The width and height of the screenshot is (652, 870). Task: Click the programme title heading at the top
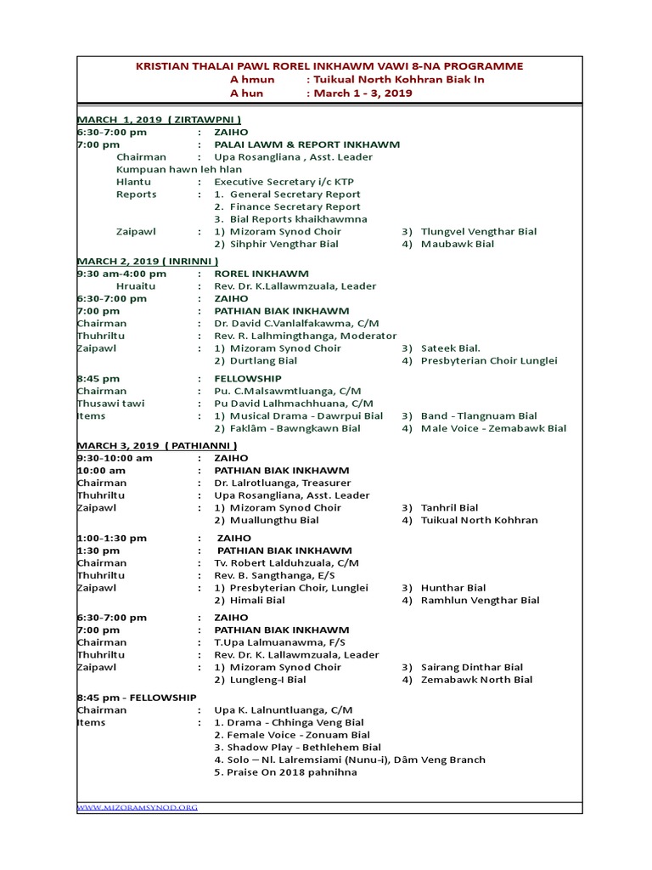point(329,66)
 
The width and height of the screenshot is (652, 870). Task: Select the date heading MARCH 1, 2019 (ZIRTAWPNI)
point(159,120)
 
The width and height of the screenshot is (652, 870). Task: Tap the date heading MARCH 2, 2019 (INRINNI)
point(148,261)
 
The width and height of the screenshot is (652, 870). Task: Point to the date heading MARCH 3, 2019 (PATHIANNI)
point(157,445)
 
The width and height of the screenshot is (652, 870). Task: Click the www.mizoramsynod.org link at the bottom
point(137,807)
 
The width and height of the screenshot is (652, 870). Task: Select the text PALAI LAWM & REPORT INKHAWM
point(306,144)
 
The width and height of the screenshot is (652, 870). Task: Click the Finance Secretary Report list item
point(287,206)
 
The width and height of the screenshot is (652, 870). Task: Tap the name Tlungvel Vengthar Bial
point(479,231)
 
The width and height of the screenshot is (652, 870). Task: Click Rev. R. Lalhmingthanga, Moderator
point(305,336)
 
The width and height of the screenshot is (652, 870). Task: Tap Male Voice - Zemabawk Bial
point(493,428)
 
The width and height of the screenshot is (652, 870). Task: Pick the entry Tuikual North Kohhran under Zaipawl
point(479,520)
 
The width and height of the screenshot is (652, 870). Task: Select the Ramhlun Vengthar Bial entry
point(480,600)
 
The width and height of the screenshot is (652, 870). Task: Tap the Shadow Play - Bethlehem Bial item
point(297,747)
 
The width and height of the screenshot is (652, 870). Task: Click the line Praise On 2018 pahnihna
point(285,772)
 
